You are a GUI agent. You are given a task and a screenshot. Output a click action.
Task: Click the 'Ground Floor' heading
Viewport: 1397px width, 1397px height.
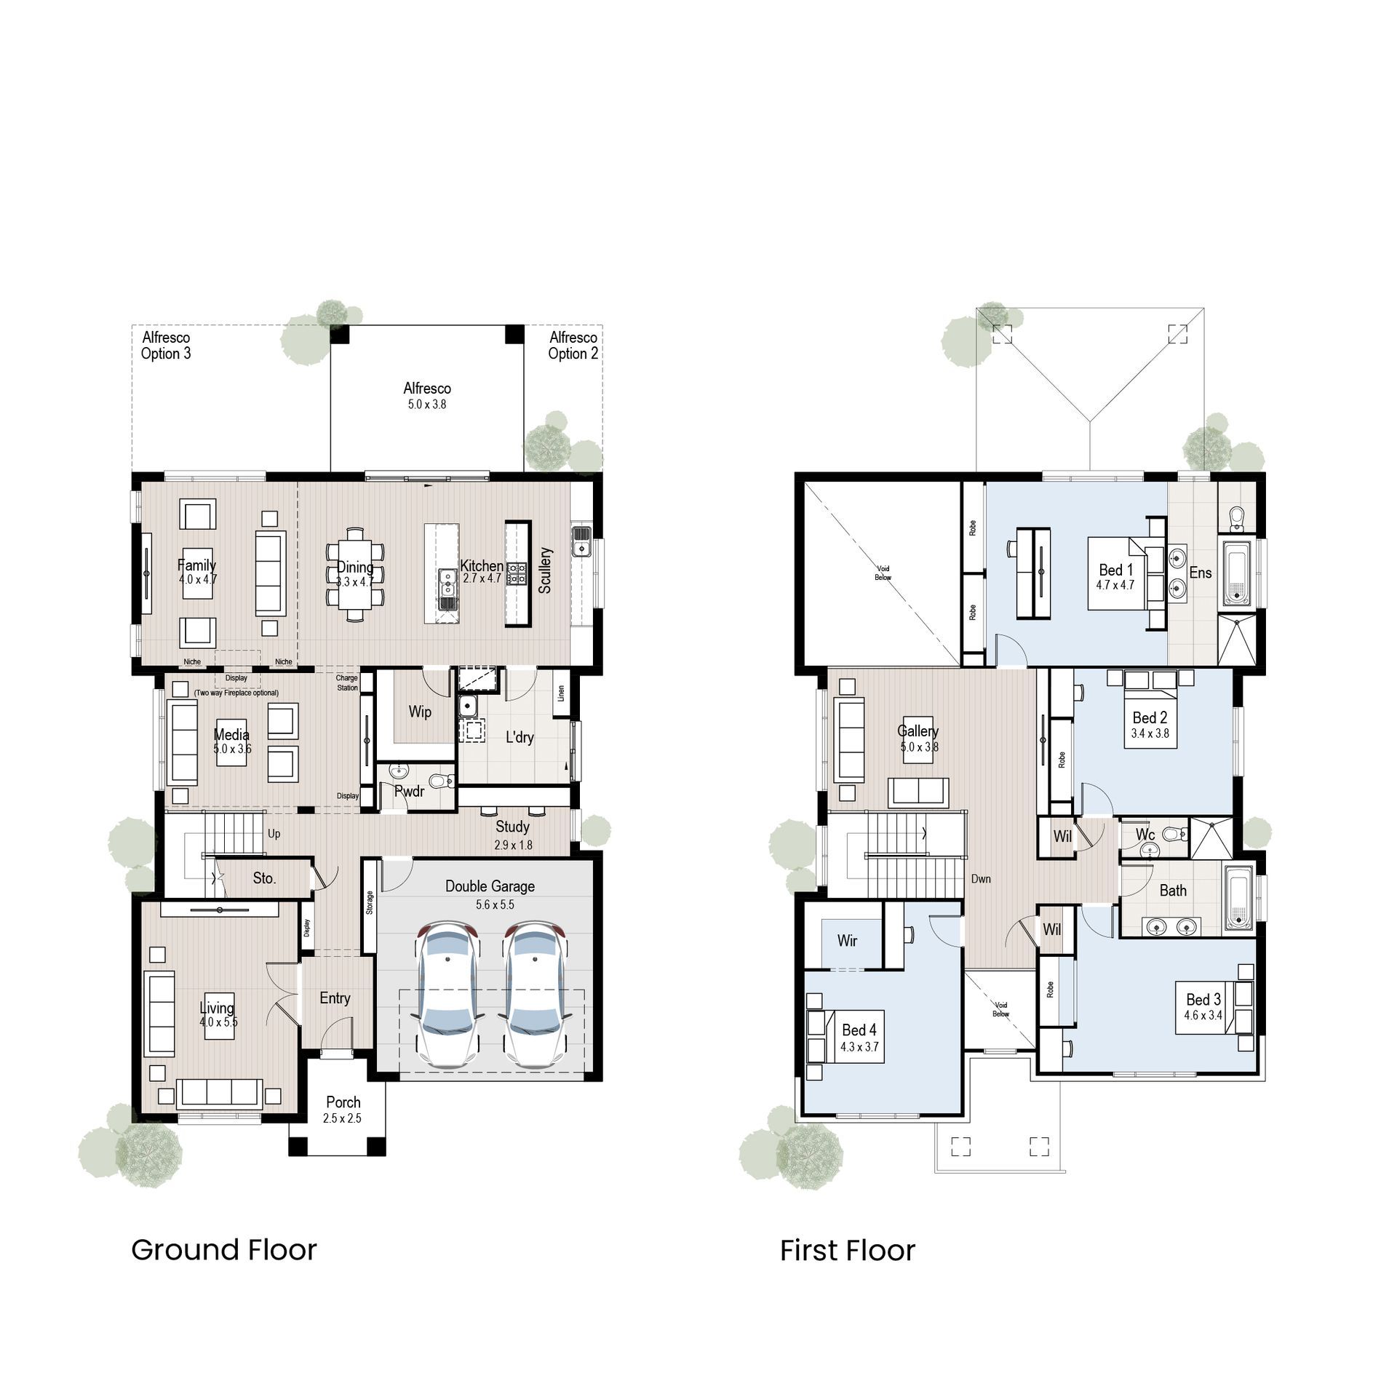click(x=223, y=1250)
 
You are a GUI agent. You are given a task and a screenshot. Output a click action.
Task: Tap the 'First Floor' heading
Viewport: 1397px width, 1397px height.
click(x=847, y=1251)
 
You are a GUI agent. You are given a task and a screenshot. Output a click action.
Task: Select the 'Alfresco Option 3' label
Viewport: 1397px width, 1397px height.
click(x=166, y=346)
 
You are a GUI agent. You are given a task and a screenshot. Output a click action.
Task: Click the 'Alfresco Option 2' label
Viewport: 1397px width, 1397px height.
click(x=573, y=346)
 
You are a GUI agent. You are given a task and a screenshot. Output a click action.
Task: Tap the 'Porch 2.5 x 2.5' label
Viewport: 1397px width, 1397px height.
click(x=343, y=1110)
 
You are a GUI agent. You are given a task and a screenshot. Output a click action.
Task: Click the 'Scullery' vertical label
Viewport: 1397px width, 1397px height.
click(x=546, y=571)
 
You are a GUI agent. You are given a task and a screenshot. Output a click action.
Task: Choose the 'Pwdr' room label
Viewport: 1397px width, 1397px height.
click(x=409, y=791)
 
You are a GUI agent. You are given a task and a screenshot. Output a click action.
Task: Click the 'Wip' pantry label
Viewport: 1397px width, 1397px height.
click(x=420, y=712)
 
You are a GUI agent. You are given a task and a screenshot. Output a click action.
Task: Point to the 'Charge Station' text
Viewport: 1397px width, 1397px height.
click(x=347, y=682)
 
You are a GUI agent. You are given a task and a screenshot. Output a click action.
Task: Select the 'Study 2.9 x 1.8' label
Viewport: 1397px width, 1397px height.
click(x=513, y=835)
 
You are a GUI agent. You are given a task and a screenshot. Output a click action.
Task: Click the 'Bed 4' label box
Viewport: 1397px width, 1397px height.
click(x=859, y=1037)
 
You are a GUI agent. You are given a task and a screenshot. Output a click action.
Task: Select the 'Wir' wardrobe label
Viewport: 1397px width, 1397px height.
click(x=847, y=941)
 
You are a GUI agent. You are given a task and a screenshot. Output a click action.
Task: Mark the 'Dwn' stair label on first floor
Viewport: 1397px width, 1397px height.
click(x=981, y=879)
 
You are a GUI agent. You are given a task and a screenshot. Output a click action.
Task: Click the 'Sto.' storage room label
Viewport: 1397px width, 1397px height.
click(x=264, y=878)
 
